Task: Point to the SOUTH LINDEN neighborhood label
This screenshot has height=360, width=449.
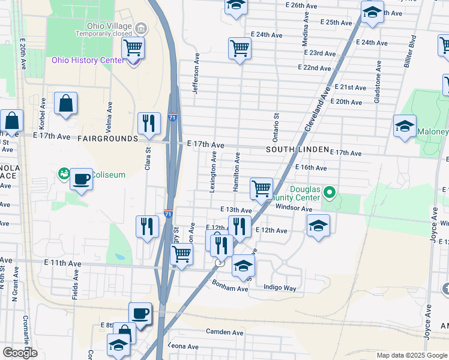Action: coord(297,149)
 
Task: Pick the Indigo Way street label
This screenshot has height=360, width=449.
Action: coord(280,288)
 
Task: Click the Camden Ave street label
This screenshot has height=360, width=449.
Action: coord(224,332)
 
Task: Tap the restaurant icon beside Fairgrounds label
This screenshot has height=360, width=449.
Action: coord(148,123)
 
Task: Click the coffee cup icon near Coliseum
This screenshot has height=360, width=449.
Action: coord(81,178)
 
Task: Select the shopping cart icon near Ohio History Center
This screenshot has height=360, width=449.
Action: coord(133,47)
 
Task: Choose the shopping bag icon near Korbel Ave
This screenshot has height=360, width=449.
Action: coord(65,103)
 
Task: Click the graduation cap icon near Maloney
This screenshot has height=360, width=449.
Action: coord(405,126)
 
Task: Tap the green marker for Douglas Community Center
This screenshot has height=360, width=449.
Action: coord(329,193)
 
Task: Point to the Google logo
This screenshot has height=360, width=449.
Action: coord(20,353)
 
